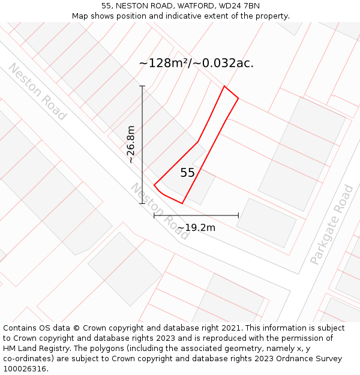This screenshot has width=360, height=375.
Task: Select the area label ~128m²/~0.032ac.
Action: point(196,63)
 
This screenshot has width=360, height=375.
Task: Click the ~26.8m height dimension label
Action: point(131,144)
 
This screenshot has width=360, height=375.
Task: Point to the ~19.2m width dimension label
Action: point(196,227)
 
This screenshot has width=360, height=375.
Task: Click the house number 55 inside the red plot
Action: point(187,173)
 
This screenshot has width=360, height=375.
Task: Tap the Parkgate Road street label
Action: point(332,225)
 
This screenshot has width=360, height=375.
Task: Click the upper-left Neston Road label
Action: point(37,92)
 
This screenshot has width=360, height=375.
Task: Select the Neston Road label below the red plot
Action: point(160,211)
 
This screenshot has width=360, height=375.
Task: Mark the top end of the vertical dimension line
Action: point(142,86)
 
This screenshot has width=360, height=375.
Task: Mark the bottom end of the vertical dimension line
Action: point(142,203)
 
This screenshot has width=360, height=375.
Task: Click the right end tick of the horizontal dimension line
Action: point(238,215)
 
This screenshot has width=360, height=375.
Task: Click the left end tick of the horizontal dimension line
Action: point(154,215)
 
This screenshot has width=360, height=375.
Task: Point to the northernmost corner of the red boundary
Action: point(224,86)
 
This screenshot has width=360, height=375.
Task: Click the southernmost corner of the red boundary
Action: point(182,203)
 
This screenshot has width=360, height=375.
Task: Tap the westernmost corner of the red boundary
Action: point(154,185)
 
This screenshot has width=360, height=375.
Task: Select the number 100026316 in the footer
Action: point(25,368)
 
